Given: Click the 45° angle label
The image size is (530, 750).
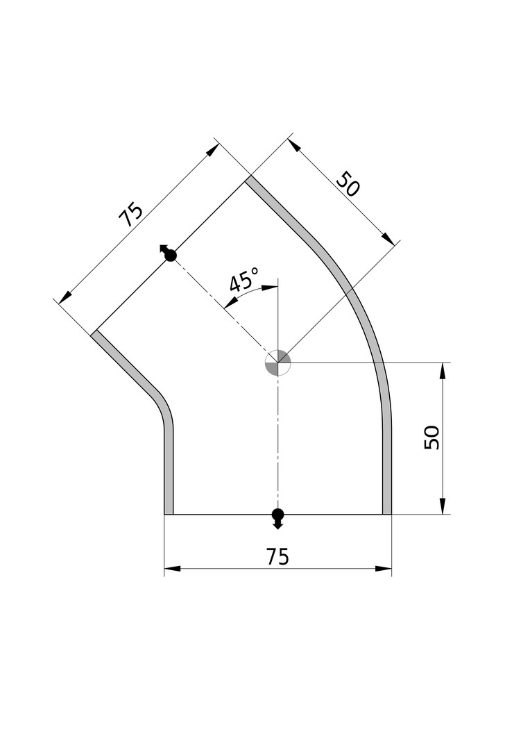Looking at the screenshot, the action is (244, 281).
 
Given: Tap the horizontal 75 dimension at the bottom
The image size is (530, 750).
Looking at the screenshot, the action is (277, 557).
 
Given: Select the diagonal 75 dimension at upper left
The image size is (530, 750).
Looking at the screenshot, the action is (130, 215).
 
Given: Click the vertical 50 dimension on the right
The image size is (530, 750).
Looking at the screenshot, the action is (431, 437).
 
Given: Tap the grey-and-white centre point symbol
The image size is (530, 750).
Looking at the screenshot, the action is (277, 362).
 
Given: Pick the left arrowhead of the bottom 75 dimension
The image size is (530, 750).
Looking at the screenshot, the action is (173, 569).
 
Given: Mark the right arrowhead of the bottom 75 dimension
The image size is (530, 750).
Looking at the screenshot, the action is (384, 569).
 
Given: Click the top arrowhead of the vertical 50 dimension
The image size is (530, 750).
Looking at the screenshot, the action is (443, 371).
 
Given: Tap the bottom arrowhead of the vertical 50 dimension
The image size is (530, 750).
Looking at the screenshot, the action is (443, 506).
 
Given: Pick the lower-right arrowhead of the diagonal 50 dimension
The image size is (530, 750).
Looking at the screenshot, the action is (388, 238).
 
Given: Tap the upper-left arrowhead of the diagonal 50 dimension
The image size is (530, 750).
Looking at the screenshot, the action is (295, 145).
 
